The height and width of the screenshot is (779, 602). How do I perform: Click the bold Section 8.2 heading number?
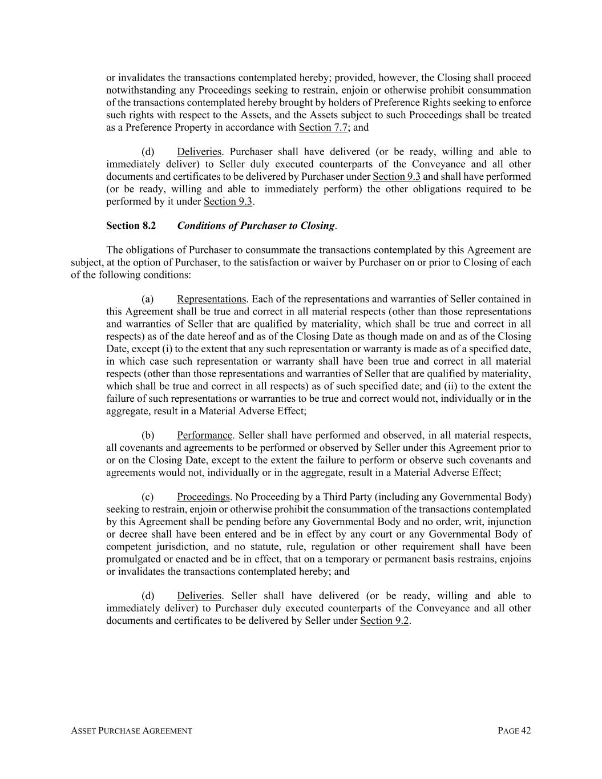131,225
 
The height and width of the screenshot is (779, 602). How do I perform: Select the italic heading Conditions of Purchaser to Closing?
256,225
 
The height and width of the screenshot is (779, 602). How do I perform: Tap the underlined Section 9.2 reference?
384,620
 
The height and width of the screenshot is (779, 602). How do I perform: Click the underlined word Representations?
211,299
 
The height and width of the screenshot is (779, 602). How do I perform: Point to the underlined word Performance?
204,435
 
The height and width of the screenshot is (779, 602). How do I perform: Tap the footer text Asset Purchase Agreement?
131,730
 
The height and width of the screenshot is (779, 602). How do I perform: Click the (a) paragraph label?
148,299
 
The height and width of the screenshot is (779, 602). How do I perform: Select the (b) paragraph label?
148,435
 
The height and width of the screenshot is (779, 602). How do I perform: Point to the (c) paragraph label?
148,497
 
